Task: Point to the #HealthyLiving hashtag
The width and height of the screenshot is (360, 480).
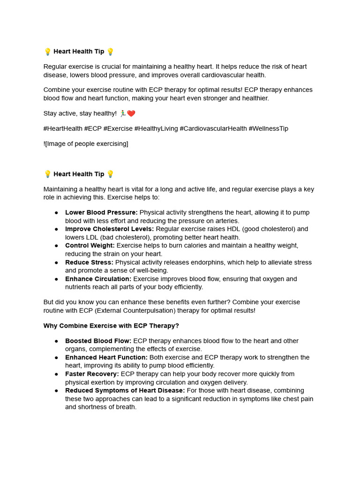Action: tap(156, 128)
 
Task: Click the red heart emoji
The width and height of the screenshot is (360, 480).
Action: tap(131, 113)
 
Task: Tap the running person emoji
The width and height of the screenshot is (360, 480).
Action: tap(123, 113)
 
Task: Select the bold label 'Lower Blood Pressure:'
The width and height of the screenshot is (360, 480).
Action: tap(101, 212)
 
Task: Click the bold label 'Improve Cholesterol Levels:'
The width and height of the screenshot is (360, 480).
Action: tap(109, 229)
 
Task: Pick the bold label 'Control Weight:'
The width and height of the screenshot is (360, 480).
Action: tap(90, 246)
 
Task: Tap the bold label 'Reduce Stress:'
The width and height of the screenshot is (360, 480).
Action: tap(89, 262)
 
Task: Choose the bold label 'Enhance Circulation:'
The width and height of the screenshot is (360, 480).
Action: tap(98, 279)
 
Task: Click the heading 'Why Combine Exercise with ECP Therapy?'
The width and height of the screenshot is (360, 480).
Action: tap(111, 326)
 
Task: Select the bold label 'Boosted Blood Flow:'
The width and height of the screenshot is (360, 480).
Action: tap(98, 341)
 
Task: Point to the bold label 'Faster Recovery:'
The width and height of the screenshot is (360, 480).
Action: tap(92, 374)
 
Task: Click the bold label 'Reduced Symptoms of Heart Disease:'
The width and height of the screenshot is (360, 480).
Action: tap(125, 390)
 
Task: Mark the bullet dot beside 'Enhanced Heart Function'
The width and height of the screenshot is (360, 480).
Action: tap(56, 358)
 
